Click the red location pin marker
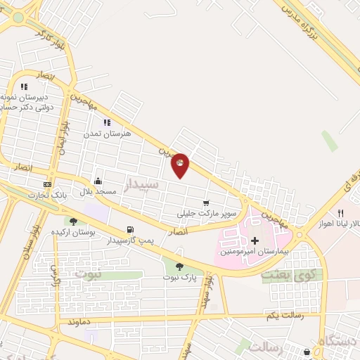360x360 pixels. point(181,165)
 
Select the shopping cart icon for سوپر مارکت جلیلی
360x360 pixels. point(205,203)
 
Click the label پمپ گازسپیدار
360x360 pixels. point(129,240)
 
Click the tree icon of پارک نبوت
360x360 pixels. point(179,266)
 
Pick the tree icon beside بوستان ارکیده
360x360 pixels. point(74,221)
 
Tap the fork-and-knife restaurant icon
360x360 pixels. point(341,213)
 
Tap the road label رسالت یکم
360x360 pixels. point(284,316)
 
